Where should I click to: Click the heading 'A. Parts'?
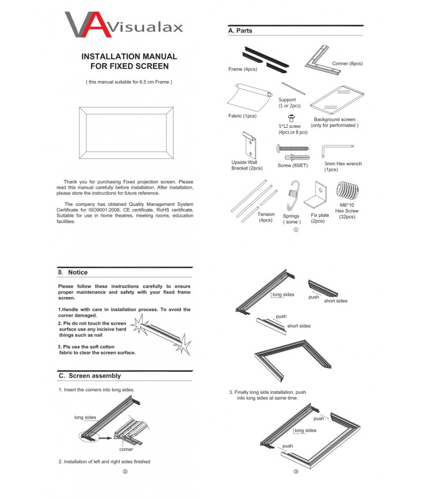(240, 31)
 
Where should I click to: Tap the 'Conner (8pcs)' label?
(347, 64)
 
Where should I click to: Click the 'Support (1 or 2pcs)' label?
(288, 103)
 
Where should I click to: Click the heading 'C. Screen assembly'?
(89, 376)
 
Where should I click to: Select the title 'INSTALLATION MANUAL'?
(129, 56)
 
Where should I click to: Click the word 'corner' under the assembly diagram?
(126, 449)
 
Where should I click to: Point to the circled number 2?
(125, 472)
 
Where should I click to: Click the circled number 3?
(296, 472)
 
